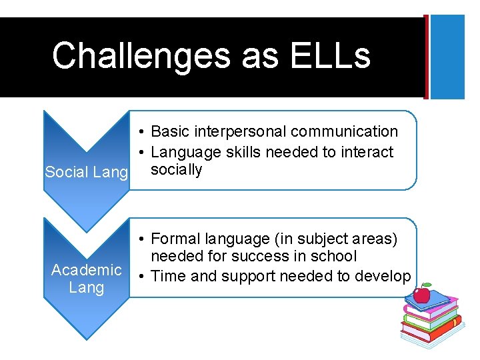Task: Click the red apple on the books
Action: (421, 293)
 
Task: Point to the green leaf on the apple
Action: (425, 285)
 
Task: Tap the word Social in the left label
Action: (66, 173)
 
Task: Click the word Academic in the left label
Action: (87, 270)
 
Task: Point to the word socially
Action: (176, 170)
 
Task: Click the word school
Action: (335, 256)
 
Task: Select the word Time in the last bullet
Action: (168, 275)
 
